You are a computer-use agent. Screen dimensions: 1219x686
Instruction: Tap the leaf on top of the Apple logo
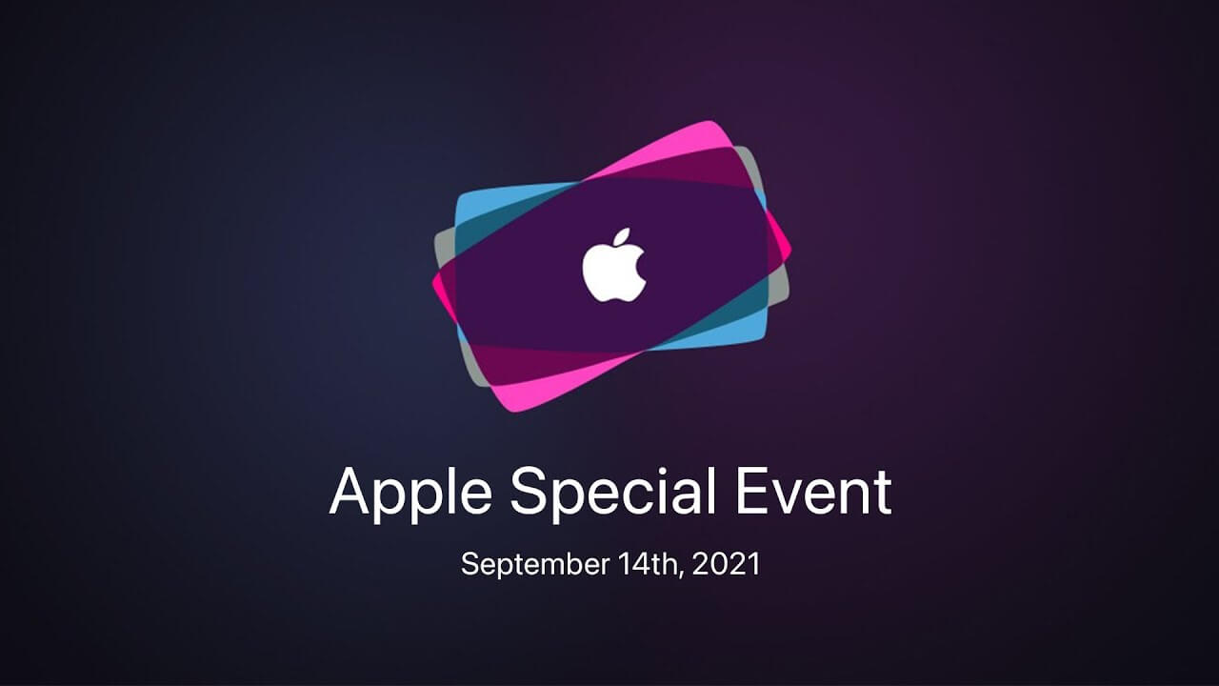622,237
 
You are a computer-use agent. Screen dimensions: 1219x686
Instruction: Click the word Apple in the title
410,494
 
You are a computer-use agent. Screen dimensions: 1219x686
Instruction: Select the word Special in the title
612,494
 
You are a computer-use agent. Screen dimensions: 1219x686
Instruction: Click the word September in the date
535,565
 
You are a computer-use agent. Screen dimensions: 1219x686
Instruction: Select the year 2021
726,564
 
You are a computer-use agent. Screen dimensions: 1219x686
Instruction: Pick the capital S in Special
529,492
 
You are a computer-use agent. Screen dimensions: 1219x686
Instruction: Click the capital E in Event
751,492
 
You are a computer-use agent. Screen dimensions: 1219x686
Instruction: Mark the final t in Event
883,494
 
